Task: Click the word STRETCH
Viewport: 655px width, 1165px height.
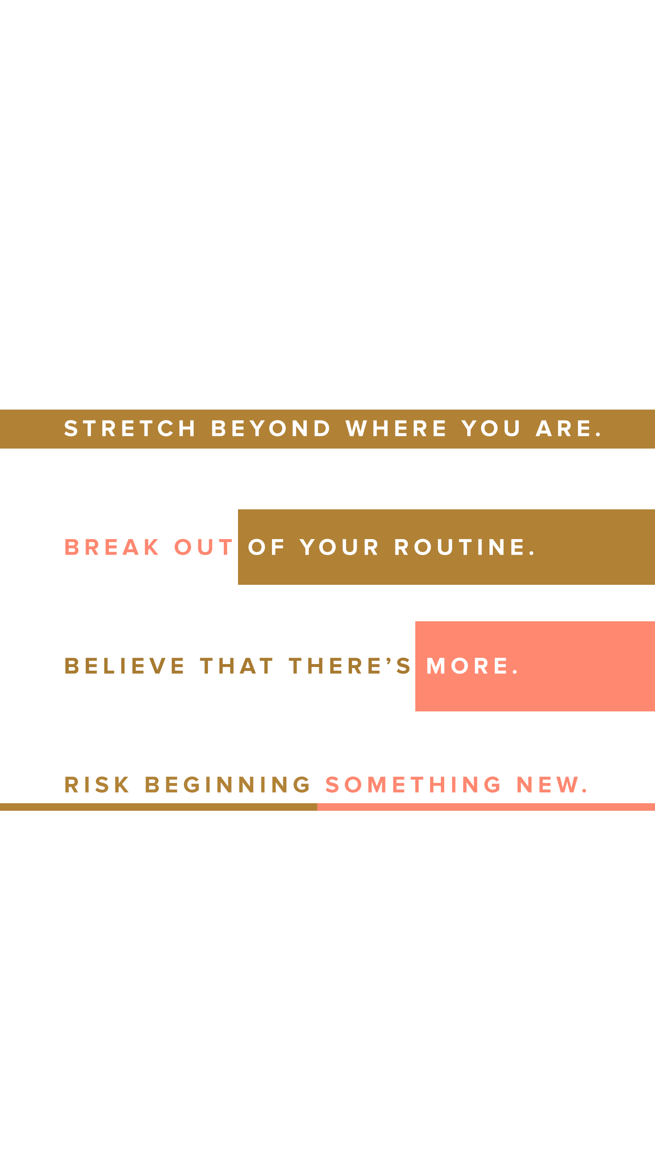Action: tap(130, 429)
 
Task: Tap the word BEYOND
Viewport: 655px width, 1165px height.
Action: tap(271, 429)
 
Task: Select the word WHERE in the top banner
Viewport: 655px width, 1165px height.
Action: tap(396, 429)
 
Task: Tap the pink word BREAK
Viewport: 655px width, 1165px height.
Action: tap(111, 547)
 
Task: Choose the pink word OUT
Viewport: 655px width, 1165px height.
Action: tap(203, 547)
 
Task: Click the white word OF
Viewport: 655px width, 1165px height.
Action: tap(266, 547)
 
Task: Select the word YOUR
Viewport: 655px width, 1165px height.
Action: tap(339, 547)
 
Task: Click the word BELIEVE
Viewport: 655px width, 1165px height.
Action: tap(124, 666)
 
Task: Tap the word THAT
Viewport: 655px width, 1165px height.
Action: tap(237, 666)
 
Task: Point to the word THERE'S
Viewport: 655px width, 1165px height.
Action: tap(350, 666)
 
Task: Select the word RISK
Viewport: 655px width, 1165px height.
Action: tap(97, 785)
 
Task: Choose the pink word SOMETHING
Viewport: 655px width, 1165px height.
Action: tap(413, 785)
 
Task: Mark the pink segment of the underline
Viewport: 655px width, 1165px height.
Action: tap(486, 807)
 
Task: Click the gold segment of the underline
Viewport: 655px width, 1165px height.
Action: tap(159, 807)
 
